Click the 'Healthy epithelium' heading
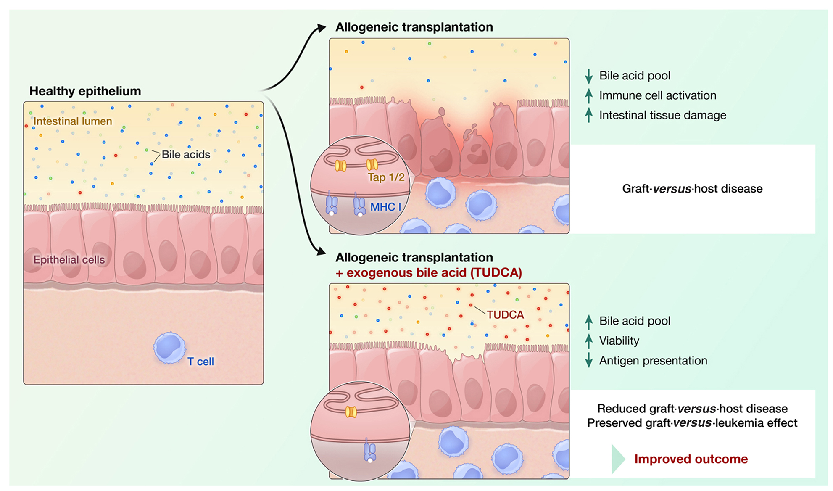coord(85,91)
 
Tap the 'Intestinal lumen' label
coord(73,121)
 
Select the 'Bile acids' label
coord(186,155)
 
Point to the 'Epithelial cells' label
coord(69,260)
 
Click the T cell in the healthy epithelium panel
coord(169,347)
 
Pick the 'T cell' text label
coord(200,362)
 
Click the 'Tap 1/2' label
coord(386,177)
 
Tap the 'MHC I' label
coord(385,207)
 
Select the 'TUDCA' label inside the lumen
coord(505,315)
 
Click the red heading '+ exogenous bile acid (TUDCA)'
coord(429,273)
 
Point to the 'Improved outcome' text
coord(691,459)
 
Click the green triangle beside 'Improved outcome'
coord(618,459)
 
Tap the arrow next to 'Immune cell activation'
coord(589,96)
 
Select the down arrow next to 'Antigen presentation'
coord(589,361)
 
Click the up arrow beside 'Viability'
coord(589,341)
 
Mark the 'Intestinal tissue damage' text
coord(662,115)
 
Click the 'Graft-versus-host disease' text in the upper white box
coord(692,189)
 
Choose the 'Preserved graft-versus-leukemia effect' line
coord(692,423)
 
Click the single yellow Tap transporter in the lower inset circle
coord(351,412)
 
